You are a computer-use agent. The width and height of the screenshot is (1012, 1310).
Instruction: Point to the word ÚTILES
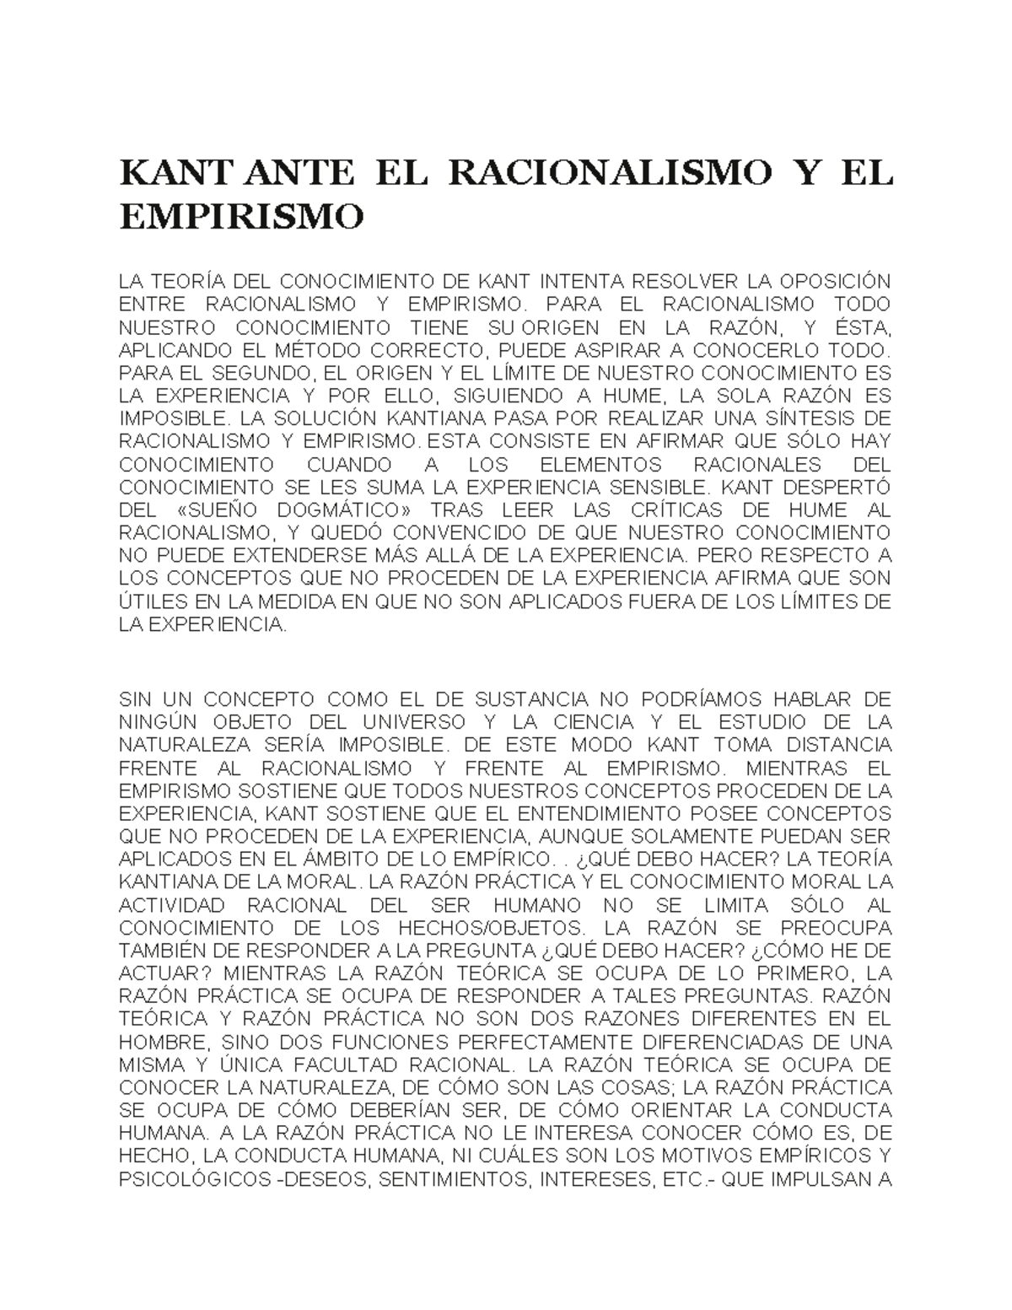150,603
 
